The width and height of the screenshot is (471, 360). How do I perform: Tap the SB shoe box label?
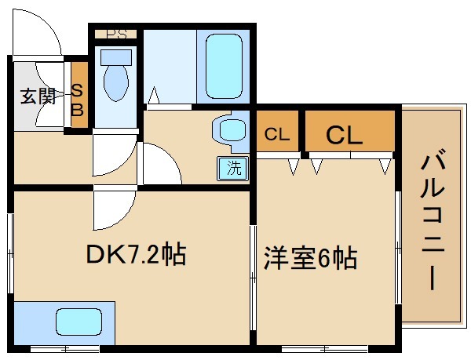(x=78, y=99)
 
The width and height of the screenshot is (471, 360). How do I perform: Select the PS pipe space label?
(x=117, y=34)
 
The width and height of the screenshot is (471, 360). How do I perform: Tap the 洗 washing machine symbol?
(x=234, y=166)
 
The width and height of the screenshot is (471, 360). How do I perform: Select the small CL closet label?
(x=277, y=134)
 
